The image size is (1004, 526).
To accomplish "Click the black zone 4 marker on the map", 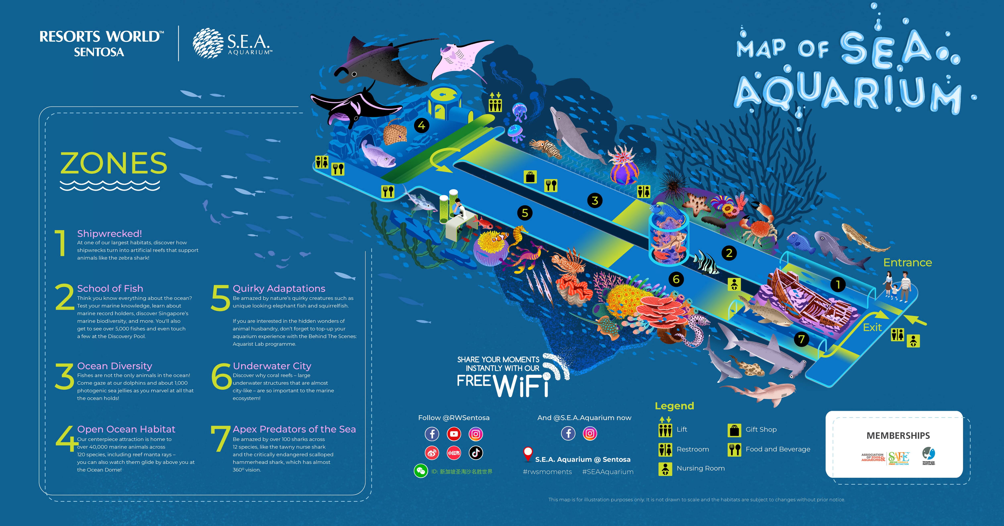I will (x=421, y=126).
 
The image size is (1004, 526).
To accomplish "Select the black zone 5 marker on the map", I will (x=525, y=213).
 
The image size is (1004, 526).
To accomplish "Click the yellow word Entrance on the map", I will (x=907, y=263).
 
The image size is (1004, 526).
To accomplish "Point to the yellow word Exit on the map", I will (x=872, y=327).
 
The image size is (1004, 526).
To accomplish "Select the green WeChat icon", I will (x=420, y=471).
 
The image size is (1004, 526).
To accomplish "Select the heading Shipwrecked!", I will (x=109, y=233).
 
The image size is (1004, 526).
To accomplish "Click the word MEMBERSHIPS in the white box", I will (x=898, y=436).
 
